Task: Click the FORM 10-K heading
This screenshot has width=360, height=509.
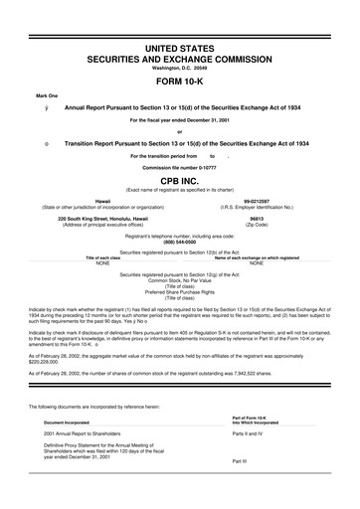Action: [179, 82]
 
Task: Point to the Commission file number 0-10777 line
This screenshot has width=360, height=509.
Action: [179, 166]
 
